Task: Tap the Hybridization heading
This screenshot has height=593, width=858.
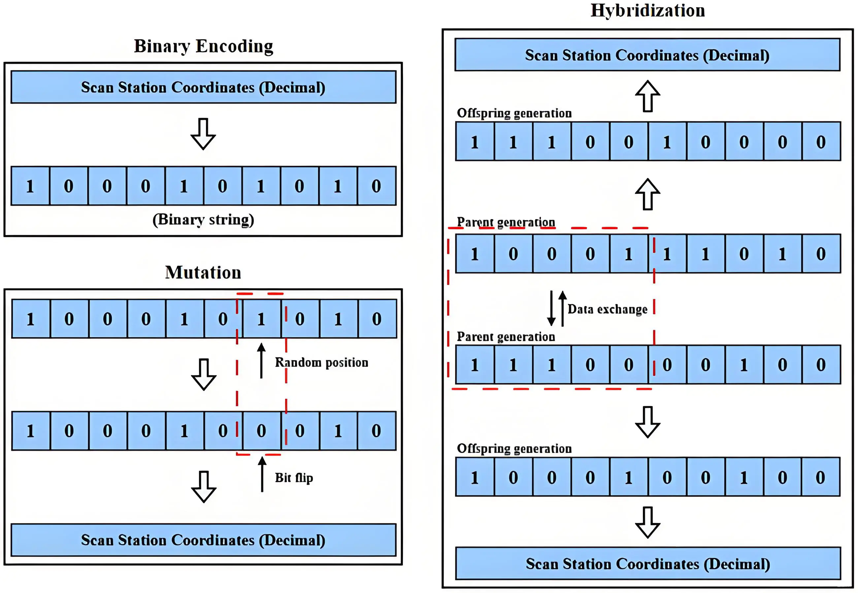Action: click(x=647, y=11)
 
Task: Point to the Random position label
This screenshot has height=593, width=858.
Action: click(x=321, y=362)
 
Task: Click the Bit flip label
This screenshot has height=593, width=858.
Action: click(x=294, y=477)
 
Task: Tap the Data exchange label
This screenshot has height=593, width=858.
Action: click(x=608, y=309)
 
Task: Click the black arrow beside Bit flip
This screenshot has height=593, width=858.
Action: click(x=262, y=474)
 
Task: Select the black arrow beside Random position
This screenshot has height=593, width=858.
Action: click(x=261, y=361)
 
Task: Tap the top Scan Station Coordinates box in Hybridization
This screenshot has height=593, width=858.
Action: click(x=647, y=55)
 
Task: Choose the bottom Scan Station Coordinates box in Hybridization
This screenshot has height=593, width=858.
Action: click(x=648, y=564)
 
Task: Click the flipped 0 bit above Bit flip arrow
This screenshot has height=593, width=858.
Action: click(x=261, y=431)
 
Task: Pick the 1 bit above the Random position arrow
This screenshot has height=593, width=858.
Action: click(x=261, y=319)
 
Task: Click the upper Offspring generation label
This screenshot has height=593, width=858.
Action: click(x=514, y=113)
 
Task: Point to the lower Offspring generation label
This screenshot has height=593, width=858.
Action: click(x=514, y=448)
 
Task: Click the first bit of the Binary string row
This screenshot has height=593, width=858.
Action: click(x=30, y=186)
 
